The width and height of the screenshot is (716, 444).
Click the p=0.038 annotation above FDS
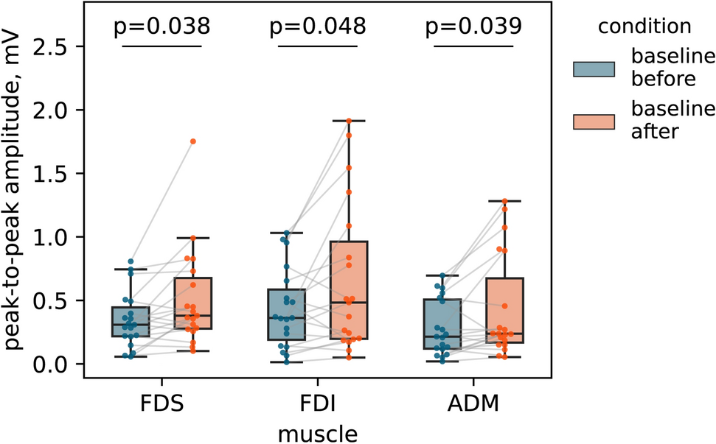pos(161,27)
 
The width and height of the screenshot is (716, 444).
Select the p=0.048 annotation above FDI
pos(317,27)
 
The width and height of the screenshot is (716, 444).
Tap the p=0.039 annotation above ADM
pos(473,27)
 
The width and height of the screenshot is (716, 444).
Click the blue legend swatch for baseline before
pos(594,69)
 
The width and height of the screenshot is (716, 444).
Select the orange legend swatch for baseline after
pos(594,121)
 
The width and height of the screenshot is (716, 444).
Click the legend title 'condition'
pos(644,27)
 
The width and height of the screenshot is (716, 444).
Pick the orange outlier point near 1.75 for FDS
pos(193,141)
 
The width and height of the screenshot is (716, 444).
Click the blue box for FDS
pos(131,321)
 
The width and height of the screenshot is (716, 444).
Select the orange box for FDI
pos(349,290)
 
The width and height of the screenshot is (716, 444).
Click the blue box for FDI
pos(287,314)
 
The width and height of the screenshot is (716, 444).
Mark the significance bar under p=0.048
pos(317,46)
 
